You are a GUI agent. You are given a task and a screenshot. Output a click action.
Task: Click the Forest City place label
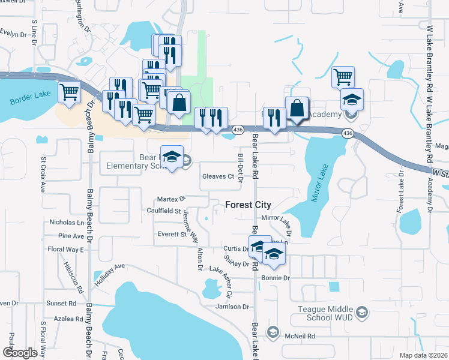pos(248,205)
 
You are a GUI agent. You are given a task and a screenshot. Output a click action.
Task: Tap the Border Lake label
pos(31,98)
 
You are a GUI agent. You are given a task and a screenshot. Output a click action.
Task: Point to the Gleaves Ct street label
pos(217,176)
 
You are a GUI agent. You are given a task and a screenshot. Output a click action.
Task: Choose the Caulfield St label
pos(164,211)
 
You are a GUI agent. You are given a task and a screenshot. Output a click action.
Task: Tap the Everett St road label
pos(172,234)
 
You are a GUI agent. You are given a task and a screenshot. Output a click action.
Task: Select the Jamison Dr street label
pos(232,307)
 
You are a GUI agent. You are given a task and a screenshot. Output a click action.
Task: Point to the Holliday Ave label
pos(109,274)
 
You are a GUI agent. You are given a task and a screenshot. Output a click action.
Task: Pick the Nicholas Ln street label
pos(67,222)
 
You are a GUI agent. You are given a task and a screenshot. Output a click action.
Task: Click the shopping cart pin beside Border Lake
pos(70,92)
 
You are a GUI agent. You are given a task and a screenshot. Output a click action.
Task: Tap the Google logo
pos(20,353)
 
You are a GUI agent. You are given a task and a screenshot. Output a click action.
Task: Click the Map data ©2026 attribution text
pos(423,355)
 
